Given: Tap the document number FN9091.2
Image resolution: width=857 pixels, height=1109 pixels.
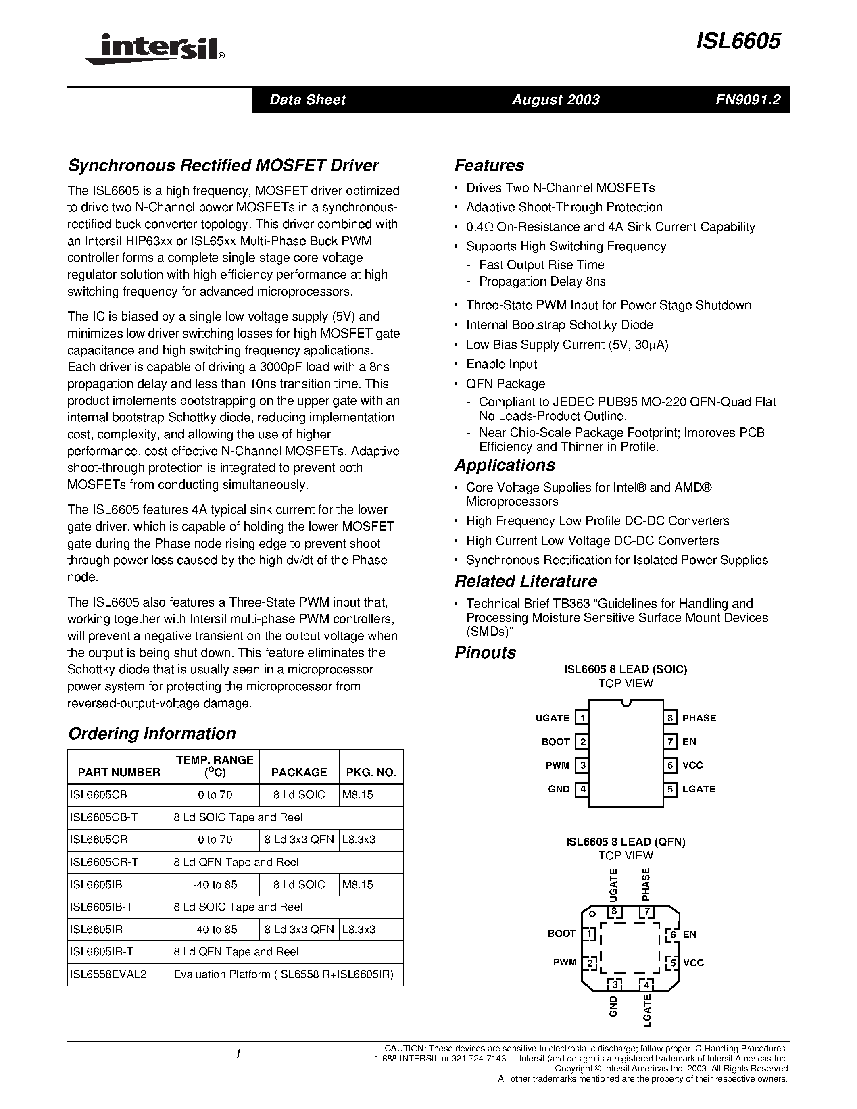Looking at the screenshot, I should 748,100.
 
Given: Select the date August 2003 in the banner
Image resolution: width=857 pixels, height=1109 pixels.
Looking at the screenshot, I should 555,100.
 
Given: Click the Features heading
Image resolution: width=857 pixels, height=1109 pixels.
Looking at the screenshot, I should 489,165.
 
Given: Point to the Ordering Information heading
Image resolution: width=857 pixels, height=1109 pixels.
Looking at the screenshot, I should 152,733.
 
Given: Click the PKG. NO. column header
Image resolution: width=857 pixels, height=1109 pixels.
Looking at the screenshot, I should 371,772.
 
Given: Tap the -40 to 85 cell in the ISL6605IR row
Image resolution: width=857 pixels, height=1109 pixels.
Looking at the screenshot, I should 215,929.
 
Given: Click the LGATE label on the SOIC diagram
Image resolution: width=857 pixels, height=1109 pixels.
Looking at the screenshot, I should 699,789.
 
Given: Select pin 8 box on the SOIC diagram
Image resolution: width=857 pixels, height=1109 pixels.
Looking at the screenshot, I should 670,718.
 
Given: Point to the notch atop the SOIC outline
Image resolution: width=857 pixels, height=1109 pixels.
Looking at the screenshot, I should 626,703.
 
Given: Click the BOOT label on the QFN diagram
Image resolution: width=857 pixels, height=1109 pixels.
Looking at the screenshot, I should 561,933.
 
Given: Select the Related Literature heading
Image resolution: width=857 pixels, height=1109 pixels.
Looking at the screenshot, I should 525,581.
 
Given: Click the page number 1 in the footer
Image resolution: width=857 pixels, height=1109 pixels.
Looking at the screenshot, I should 238,1054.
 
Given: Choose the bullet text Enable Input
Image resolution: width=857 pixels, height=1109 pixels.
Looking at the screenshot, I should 501,364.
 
